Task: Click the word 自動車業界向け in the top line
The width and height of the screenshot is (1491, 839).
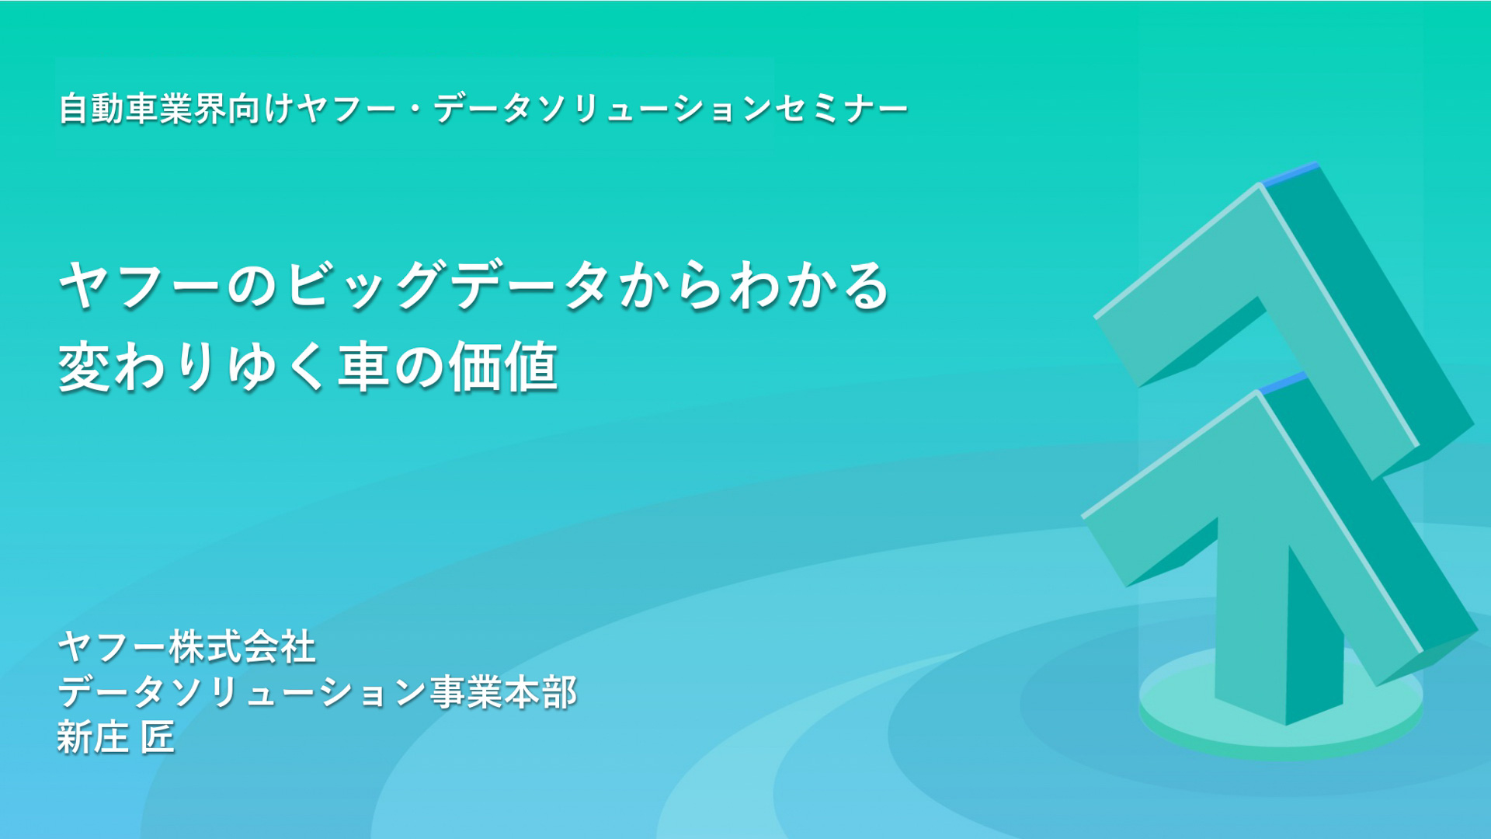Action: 176,109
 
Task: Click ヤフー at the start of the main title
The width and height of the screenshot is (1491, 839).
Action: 140,286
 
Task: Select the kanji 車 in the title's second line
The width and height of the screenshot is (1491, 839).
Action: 363,367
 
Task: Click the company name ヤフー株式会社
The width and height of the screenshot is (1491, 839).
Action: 187,646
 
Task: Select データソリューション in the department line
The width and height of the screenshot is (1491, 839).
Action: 242,692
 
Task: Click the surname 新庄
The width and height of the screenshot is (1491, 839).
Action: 92,737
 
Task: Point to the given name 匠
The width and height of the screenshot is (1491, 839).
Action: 158,737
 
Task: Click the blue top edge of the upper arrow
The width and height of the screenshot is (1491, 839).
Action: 1289,174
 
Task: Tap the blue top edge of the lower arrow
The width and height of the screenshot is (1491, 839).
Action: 1284,383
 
